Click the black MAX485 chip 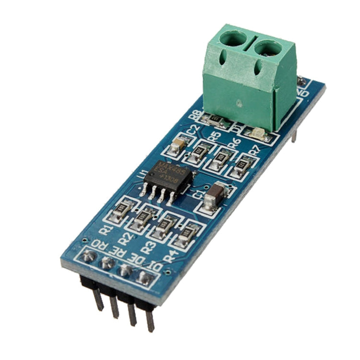click(x=168, y=178)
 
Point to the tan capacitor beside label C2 click(x=179, y=144)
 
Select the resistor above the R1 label click(x=123, y=208)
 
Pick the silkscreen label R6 click(x=234, y=142)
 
